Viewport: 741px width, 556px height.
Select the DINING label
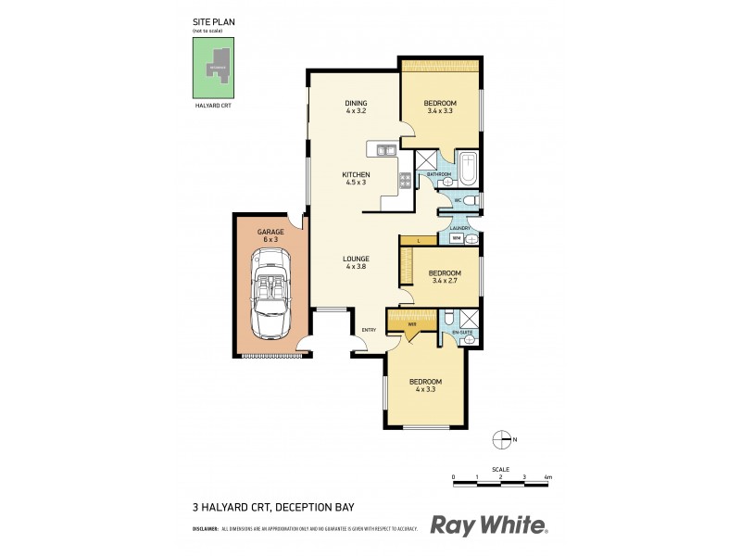pyautogui.click(x=357, y=103)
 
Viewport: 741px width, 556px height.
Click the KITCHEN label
pyautogui.click(x=356, y=175)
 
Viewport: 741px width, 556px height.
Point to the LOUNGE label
pyautogui.click(x=356, y=259)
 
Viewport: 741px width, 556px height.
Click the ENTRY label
pyautogui.click(x=369, y=330)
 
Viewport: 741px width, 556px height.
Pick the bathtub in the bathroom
pyautogui.click(x=468, y=169)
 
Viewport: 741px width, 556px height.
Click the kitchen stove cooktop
pyautogui.click(x=405, y=180)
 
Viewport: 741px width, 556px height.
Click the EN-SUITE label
pyautogui.click(x=461, y=332)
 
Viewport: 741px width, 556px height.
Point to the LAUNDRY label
pyautogui.click(x=460, y=228)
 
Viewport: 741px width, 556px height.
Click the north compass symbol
pyautogui.click(x=502, y=439)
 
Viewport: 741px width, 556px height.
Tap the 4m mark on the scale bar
pyautogui.click(x=548, y=476)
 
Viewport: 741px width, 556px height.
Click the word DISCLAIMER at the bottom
pyautogui.click(x=205, y=529)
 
